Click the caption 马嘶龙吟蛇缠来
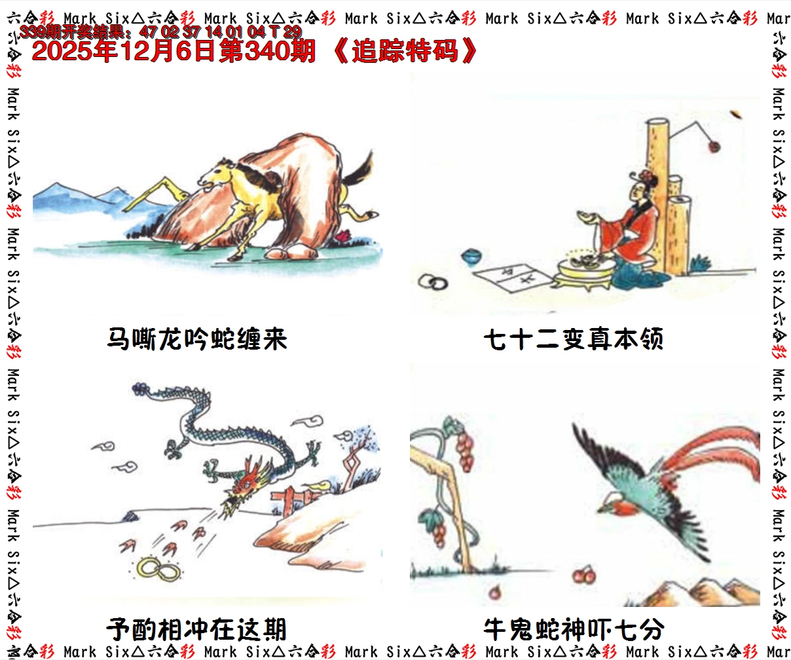pos(197,339)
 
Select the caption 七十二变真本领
pos(574,339)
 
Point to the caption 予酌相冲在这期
pos(197,629)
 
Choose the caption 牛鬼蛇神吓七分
pos(574,629)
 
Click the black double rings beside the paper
pos(433,282)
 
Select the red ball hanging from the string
pos(714,146)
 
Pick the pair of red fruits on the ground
pos(584,576)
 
